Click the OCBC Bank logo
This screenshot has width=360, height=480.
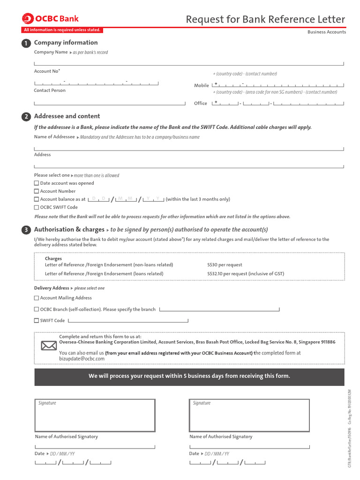coord(51,19)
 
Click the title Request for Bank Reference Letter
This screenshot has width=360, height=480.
coord(265,19)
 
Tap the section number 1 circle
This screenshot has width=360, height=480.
coord(26,44)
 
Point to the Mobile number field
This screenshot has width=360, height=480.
coord(278,85)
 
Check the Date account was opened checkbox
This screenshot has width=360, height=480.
coord(37,183)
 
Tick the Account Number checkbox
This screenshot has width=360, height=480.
coord(37,191)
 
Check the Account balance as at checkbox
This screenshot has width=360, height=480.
coord(37,199)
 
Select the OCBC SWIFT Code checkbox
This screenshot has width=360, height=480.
coord(37,207)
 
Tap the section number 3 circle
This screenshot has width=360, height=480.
coord(26,230)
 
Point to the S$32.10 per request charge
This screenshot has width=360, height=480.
coord(245,274)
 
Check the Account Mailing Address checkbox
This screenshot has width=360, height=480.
coord(37,298)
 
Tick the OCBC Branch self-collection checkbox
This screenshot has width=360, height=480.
coord(37,309)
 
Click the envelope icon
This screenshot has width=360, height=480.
coord(48,346)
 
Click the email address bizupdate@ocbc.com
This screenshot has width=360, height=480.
coord(82,359)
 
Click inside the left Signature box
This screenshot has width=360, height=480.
coord(95,415)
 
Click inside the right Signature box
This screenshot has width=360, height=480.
coord(249,415)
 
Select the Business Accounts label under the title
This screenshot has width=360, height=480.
coord(326,32)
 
